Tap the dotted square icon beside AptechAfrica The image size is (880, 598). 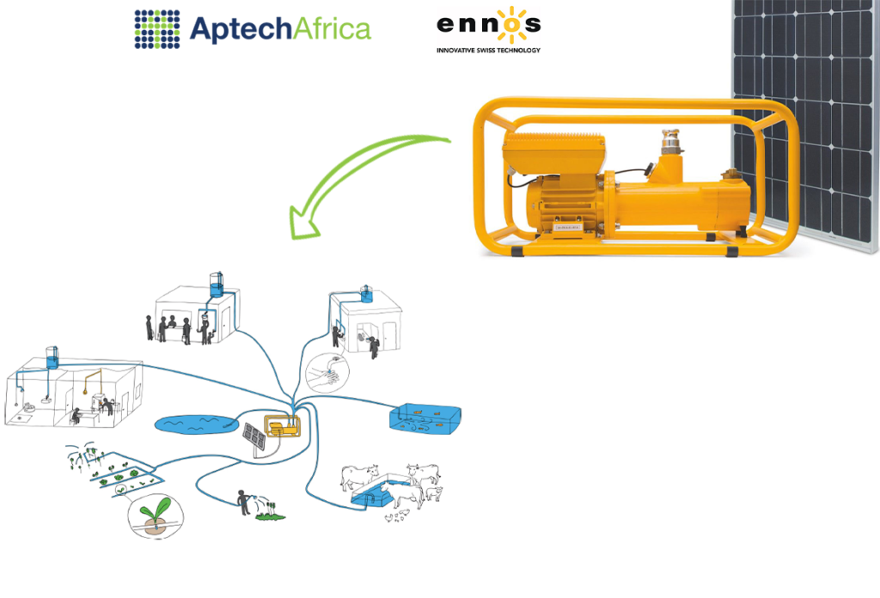(x=157, y=27)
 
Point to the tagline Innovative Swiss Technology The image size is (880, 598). (x=488, y=51)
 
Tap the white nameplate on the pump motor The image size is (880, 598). (x=571, y=227)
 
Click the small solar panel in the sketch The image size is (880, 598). (x=254, y=436)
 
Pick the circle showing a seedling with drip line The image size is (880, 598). (x=155, y=516)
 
